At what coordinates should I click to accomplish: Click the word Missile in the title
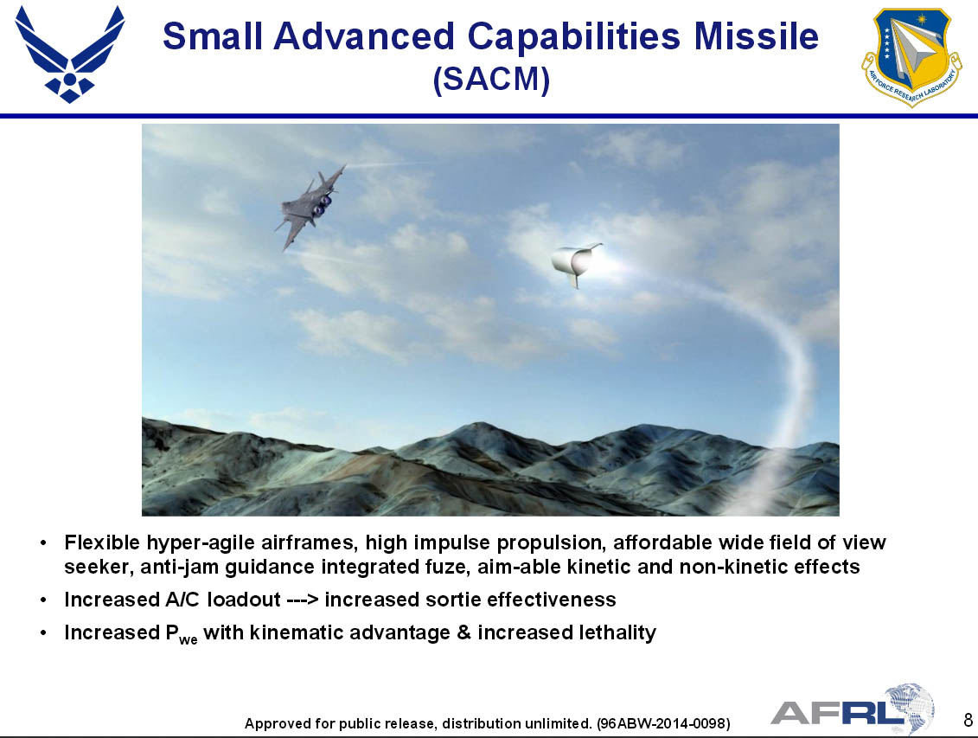pos(756,36)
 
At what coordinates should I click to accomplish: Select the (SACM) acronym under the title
pos(491,80)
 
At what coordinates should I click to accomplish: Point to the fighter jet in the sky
pos(310,205)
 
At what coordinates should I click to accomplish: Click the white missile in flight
pos(576,263)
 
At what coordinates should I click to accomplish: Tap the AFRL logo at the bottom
pos(853,710)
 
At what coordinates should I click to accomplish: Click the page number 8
pos(968,720)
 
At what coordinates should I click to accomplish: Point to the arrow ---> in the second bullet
pos(303,600)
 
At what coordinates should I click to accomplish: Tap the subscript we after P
pos(189,639)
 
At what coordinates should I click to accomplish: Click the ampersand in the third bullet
pos(463,632)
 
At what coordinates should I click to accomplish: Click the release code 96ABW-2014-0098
pos(663,723)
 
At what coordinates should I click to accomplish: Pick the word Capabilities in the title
pos(573,37)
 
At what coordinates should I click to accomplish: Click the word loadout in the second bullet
pos(244,600)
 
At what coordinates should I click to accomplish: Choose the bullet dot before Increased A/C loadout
pos(43,600)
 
